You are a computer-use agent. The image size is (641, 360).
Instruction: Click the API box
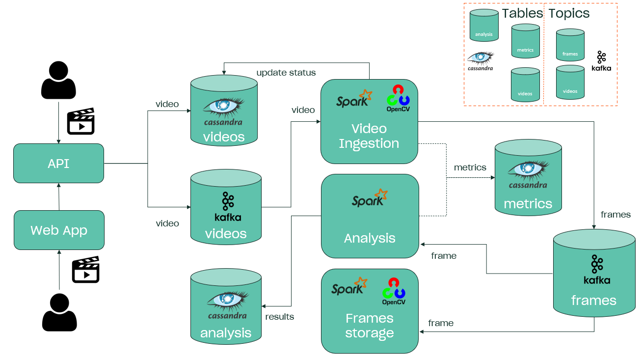pyautogui.click(x=58, y=164)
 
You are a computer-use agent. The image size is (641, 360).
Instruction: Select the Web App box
pyautogui.click(x=59, y=230)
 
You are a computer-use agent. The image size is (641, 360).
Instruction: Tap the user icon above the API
pyautogui.click(x=58, y=80)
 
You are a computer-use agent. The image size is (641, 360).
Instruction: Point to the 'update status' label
pyautogui.click(x=286, y=73)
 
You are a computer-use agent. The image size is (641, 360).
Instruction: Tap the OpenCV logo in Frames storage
pyautogui.click(x=394, y=291)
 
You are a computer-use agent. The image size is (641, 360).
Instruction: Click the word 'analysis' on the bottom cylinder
pyautogui.click(x=226, y=333)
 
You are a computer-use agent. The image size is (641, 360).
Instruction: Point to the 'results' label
pyautogui.click(x=280, y=317)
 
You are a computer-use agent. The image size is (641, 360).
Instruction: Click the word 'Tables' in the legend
pyautogui.click(x=522, y=13)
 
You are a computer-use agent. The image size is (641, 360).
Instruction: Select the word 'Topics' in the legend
pyautogui.click(x=569, y=13)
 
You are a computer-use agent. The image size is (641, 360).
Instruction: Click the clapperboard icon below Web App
pyautogui.click(x=85, y=270)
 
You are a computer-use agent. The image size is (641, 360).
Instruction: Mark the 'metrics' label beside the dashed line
pyautogui.click(x=470, y=167)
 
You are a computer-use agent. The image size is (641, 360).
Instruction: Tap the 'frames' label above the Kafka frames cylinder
pyautogui.click(x=615, y=215)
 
